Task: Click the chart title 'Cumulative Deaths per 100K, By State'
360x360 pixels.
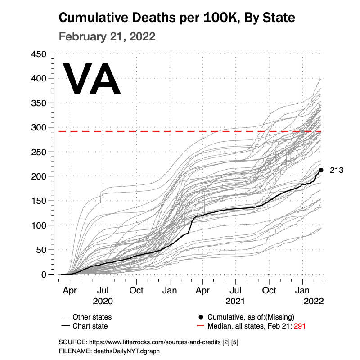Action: [x=177, y=18]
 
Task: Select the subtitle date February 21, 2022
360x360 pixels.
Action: [x=107, y=36]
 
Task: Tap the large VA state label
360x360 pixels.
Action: [x=91, y=80]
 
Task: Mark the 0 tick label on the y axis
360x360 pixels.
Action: [x=44, y=274]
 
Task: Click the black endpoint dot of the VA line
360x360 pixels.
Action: [x=321, y=170]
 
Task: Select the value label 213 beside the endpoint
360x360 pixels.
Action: [x=337, y=170]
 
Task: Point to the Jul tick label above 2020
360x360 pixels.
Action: [x=103, y=290]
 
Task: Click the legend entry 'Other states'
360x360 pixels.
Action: [x=92, y=317]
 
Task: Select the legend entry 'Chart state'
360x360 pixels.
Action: [x=90, y=326]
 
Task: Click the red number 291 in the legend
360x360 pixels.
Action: [x=300, y=326]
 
